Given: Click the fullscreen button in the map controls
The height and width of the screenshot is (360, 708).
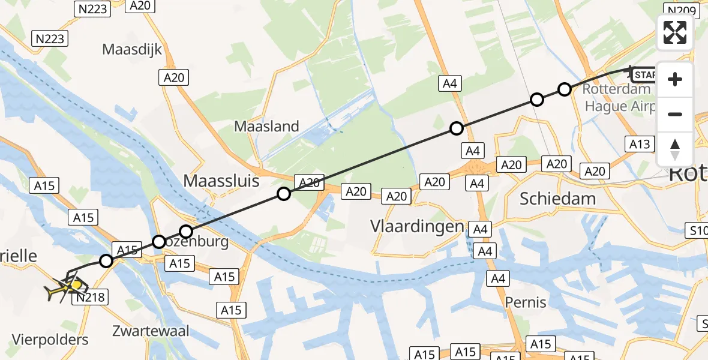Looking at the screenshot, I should click(x=675, y=32).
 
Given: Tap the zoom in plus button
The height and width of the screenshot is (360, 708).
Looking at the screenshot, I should click(x=675, y=79).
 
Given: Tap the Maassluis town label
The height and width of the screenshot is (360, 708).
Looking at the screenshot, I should click(x=221, y=181).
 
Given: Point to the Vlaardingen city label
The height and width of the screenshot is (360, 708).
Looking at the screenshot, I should click(x=417, y=226).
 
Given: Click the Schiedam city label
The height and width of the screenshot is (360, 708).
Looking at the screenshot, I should click(x=558, y=199).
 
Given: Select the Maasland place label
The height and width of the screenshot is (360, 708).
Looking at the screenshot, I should click(x=266, y=127).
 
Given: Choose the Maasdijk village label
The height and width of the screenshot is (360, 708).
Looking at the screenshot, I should click(x=132, y=49).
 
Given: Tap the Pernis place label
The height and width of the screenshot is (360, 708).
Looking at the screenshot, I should click(x=526, y=302).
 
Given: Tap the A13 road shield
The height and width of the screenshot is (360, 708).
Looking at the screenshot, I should click(x=639, y=144).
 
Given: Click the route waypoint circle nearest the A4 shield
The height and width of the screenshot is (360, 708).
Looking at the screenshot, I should click(x=457, y=128).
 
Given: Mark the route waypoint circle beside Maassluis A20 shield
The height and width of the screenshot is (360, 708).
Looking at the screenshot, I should click(x=284, y=193).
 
